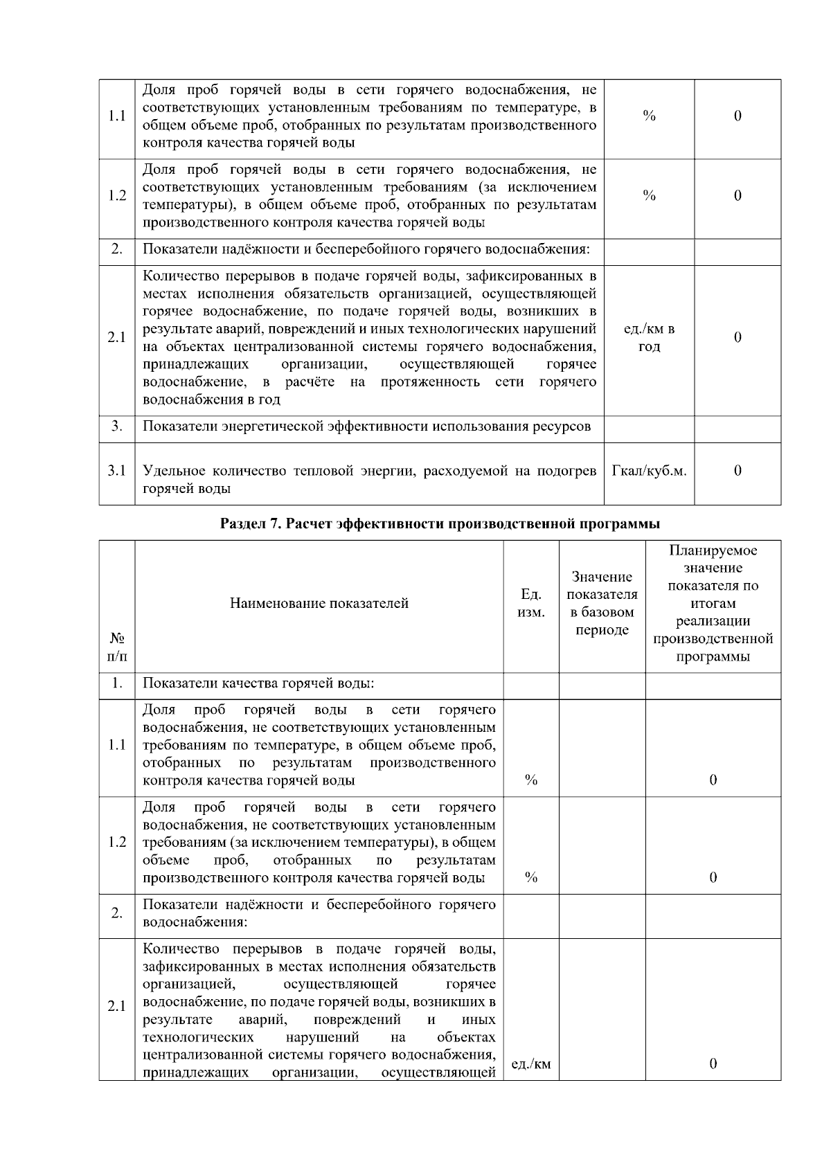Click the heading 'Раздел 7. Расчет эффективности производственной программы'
[x=440, y=523]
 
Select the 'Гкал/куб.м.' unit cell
[x=649, y=471]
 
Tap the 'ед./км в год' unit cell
[x=649, y=338]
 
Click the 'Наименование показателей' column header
[x=319, y=603]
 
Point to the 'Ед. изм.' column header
[x=531, y=603]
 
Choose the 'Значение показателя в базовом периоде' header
[x=602, y=603]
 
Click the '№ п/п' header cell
[x=117, y=646]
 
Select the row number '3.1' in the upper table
[x=117, y=471]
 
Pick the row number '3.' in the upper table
[x=117, y=427]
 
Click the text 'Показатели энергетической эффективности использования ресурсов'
[x=367, y=427]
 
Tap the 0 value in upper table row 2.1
[x=738, y=338]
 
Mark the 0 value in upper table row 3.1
[x=738, y=471]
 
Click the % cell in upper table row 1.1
[x=649, y=116]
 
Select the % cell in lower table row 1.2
[x=531, y=877]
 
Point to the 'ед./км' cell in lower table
[x=531, y=1064]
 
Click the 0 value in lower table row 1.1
[x=713, y=780]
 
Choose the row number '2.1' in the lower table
[x=117, y=1006]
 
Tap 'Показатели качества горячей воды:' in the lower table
[x=258, y=684]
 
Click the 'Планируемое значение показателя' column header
[x=713, y=603]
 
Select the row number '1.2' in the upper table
[x=117, y=196]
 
